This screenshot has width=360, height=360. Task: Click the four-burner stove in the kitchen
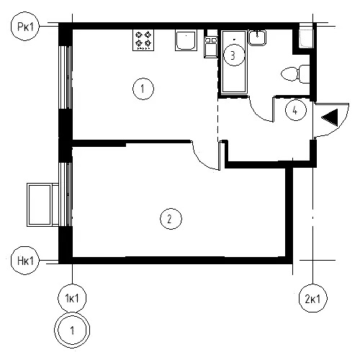pyautogui.click(x=143, y=40)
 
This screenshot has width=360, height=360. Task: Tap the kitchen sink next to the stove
pyautogui.click(x=186, y=40)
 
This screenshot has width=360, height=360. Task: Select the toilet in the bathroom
pyautogui.click(x=295, y=74)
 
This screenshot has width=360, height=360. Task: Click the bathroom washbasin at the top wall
pyautogui.click(x=257, y=37)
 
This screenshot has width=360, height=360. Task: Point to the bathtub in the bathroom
pyautogui.click(x=234, y=62)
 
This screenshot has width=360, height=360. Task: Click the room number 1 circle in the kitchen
pyautogui.click(x=143, y=89)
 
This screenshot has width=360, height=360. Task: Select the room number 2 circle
pyautogui.click(x=171, y=219)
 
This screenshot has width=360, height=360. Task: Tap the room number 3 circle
pyautogui.click(x=234, y=55)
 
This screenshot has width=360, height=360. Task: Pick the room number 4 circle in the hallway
pyautogui.click(x=296, y=110)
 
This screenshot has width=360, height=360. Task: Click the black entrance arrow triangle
pyautogui.click(x=331, y=117)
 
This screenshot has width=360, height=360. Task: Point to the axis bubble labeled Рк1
pyautogui.click(x=25, y=27)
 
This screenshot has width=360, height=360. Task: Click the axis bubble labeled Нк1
pyautogui.click(x=25, y=261)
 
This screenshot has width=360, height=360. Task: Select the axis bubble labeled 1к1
pyautogui.click(x=72, y=298)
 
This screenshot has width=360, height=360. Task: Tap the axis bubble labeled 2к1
pyautogui.click(x=312, y=299)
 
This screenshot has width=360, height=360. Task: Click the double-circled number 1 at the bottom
pyautogui.click(x=72, y=330)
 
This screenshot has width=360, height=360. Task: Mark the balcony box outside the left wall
pyautogui.click(x=42, y=204)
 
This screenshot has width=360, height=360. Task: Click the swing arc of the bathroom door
pyautogui.click(x=257, y=114)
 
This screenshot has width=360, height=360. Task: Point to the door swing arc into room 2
pyautogui.click(x=201, y=161)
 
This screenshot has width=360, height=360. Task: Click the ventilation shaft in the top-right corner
pyautogui.click(x=306, y=38)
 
